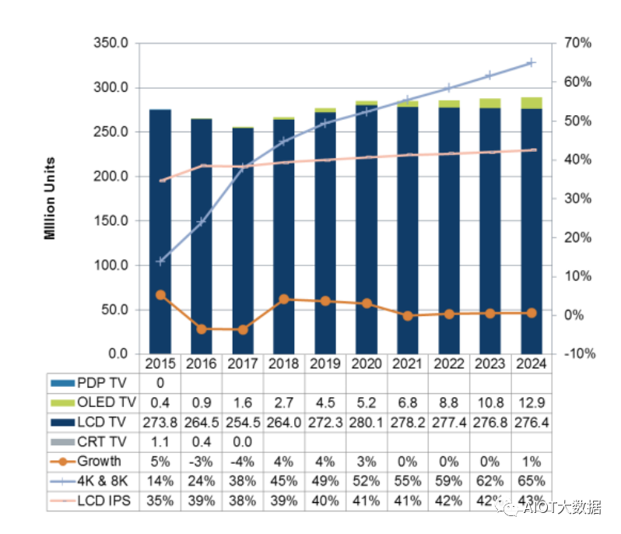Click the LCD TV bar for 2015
click(x=160, y=234)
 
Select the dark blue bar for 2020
click(x=367, y=234)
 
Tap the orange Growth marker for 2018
click(x=284, y=299)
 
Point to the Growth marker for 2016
click(x=202, y=329)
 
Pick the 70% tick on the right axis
click(x=576, y=43)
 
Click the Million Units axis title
click(x=51, y=198)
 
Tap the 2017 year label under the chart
click(x=243, y=364)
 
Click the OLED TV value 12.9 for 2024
click(x=532, y=402)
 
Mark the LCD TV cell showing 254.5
click(x=243, y=422)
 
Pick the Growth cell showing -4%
click(x=243, y=461)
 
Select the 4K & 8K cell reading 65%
click(x=532, y=481)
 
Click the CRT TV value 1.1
click(x=160, y=441)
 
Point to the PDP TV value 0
click(x=160, y=382)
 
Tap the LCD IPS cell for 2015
click(x=160, y=501)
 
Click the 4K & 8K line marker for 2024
click(x=532, y=62)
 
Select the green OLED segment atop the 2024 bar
click(x=532, y=103)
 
